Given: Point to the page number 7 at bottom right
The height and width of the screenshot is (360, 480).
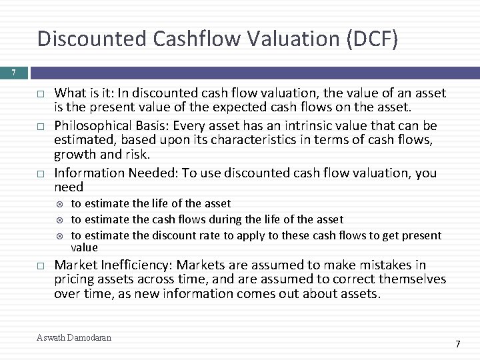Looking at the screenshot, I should point(458,344).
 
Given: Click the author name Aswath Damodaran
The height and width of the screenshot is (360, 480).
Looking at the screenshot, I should point(74,338).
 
